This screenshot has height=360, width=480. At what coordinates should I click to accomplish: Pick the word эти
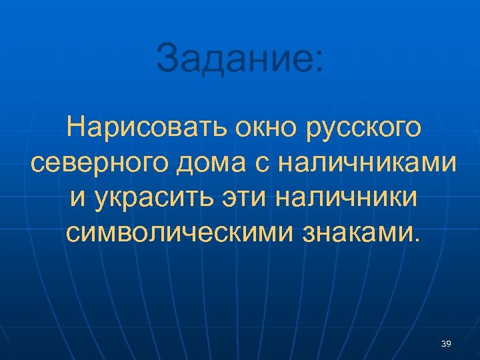[x=253, y=199]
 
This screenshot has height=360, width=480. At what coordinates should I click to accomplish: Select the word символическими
[x=177, y=233]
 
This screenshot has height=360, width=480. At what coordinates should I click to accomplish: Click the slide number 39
[x=446, y=343]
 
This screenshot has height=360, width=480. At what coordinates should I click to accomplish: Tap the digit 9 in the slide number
[x=449, y=343]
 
